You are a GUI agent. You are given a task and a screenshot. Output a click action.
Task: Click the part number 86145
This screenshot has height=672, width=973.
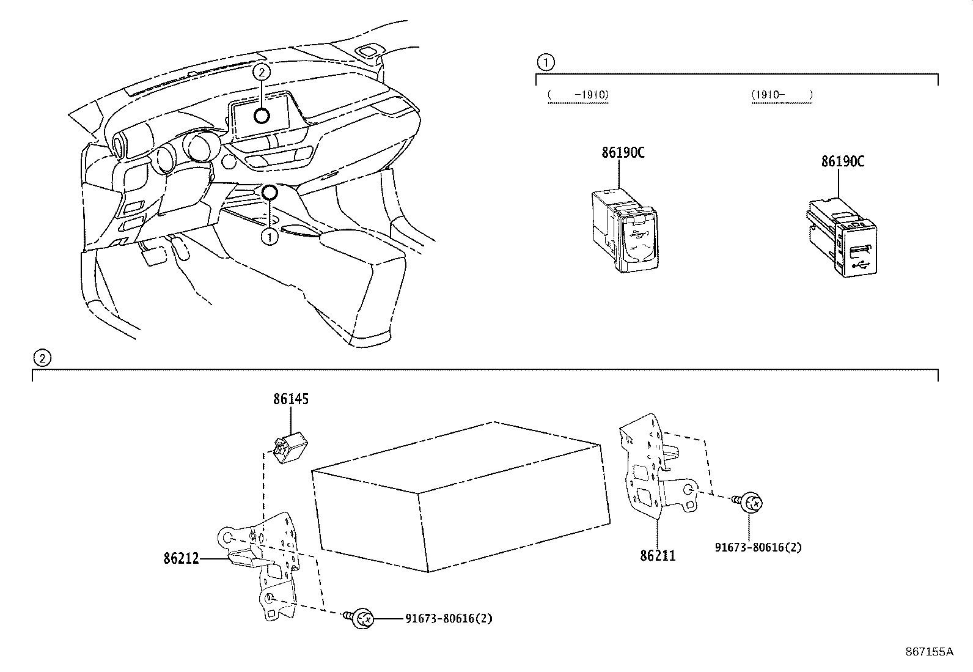click(290, 399)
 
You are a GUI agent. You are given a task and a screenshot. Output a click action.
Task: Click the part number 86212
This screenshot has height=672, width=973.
click(181, 558)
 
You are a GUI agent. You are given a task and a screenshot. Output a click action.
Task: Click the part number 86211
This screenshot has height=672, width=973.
click(658, 556)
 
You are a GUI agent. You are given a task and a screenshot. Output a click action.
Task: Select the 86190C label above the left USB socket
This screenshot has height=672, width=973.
click(623, 153)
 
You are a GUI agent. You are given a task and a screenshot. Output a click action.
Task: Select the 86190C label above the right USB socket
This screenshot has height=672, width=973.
click(843, 161)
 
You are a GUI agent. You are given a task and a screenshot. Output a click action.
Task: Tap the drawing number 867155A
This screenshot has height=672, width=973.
click(929, 652)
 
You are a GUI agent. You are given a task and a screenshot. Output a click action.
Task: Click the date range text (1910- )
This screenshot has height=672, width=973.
click(781, 95)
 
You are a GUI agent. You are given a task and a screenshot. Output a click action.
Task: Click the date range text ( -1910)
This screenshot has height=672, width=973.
click(578, 95)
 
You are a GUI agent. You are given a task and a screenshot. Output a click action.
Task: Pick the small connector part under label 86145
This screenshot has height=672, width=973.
click(290, 447)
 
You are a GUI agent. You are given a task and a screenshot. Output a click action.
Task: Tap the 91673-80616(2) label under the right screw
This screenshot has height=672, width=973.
click(758, 547)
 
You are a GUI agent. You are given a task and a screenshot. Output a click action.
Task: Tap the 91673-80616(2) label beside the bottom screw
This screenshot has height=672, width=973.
click(449, 618)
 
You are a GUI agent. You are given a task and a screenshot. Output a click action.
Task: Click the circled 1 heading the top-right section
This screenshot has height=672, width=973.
click(545, 62)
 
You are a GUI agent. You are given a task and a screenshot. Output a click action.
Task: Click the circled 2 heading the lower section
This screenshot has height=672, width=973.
click(41, 358)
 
